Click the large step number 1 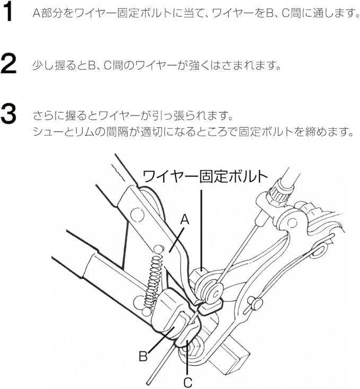coord(8,12)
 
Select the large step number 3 coord(8,114)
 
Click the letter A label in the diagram coord(185,219)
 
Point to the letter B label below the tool coord(143,357)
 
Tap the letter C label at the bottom coord(188,382)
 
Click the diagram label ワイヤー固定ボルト coord(205,176)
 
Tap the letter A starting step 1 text coord(37,13)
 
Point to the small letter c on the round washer coord(214,293)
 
